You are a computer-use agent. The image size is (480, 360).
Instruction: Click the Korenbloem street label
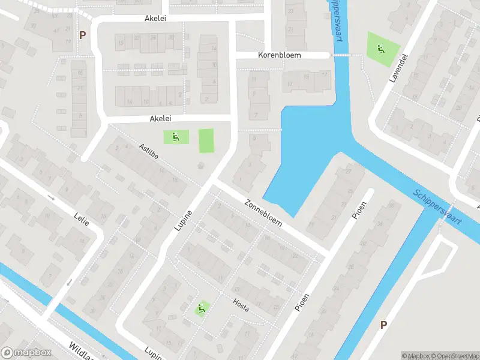279,55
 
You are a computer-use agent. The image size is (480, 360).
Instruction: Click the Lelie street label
81,218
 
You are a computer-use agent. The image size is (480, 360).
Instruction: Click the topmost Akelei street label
155,19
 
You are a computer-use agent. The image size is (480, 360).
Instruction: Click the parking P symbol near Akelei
82,35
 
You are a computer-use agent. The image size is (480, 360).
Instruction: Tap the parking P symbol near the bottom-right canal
383,325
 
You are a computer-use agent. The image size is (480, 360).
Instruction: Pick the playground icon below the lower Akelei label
175,137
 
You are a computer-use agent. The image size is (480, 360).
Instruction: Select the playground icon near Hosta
201,309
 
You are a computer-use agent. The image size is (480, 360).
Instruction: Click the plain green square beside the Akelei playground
206,140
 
